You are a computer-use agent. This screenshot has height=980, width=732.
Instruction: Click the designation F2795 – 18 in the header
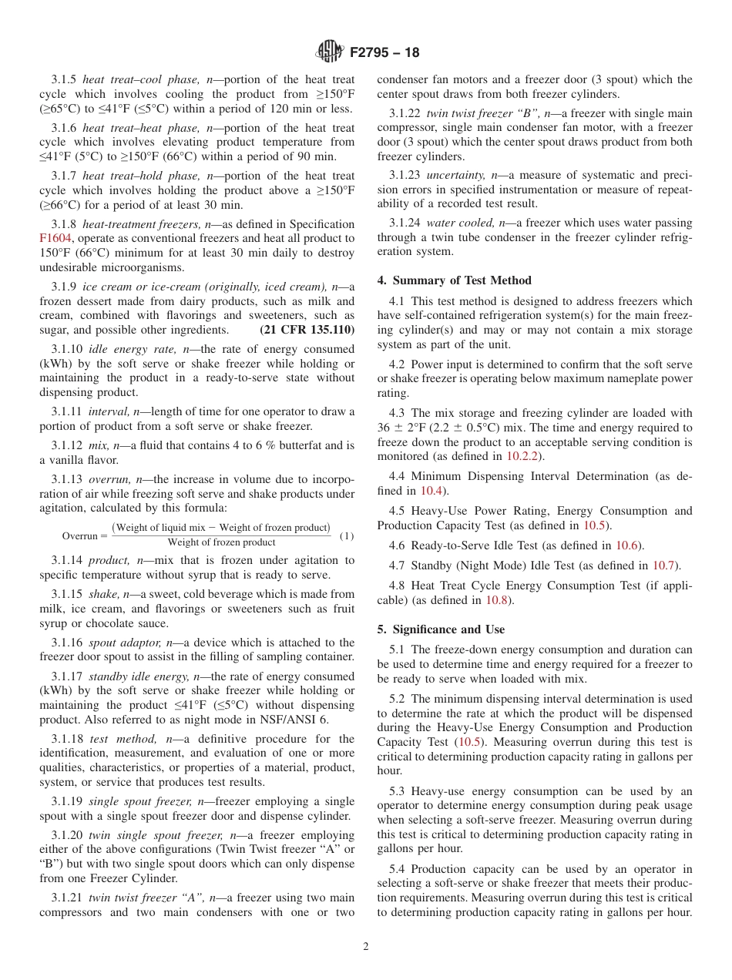tap(384, 53)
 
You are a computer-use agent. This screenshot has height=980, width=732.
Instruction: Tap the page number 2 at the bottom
tap(366, 947)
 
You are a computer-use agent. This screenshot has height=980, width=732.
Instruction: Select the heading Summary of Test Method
tap(454, 280)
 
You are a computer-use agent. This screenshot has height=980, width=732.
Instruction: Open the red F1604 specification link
tap(55, 239)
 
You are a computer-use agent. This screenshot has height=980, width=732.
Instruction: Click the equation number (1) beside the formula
tap(347, 535)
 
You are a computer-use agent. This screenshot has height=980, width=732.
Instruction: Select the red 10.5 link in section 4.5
tap(595, 525)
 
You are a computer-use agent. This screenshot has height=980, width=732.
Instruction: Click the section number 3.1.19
tap(67, 802)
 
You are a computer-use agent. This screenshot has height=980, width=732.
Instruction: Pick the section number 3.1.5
tap(64, 80)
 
